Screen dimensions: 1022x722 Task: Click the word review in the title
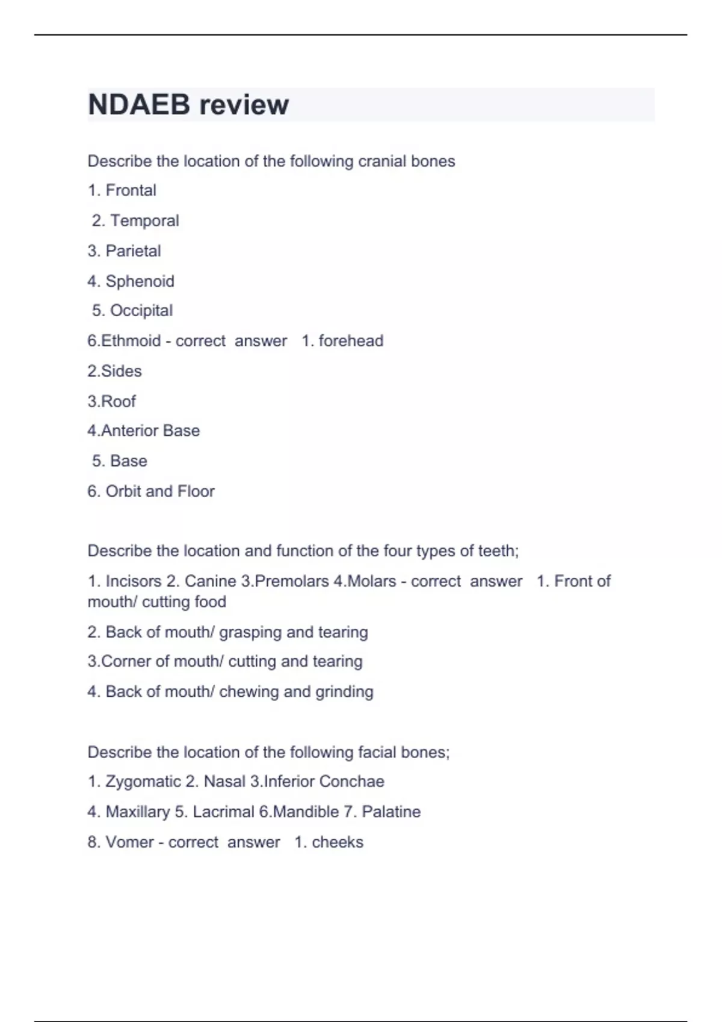coord(244,105)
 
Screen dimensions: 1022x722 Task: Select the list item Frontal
coord(131,191)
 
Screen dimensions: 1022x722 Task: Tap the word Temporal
coord(144,221)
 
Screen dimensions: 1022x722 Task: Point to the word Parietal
coord(133,251)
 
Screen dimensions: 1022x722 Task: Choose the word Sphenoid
coord(140,281)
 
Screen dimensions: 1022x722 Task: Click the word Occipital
coord(141,311)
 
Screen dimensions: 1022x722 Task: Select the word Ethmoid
coord(131,341)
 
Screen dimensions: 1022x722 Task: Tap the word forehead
coord(351,341)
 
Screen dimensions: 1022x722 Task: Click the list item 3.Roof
coord(112,401)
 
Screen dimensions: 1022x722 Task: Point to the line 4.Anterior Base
coord(144,431)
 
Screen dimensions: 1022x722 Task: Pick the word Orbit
coord(123,491)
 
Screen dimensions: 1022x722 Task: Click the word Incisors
coord(134,581)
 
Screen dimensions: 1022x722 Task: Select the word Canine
coord(210,581)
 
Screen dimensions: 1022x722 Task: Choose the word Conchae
coord(351,782)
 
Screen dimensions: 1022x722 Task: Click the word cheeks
coord(338,842)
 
